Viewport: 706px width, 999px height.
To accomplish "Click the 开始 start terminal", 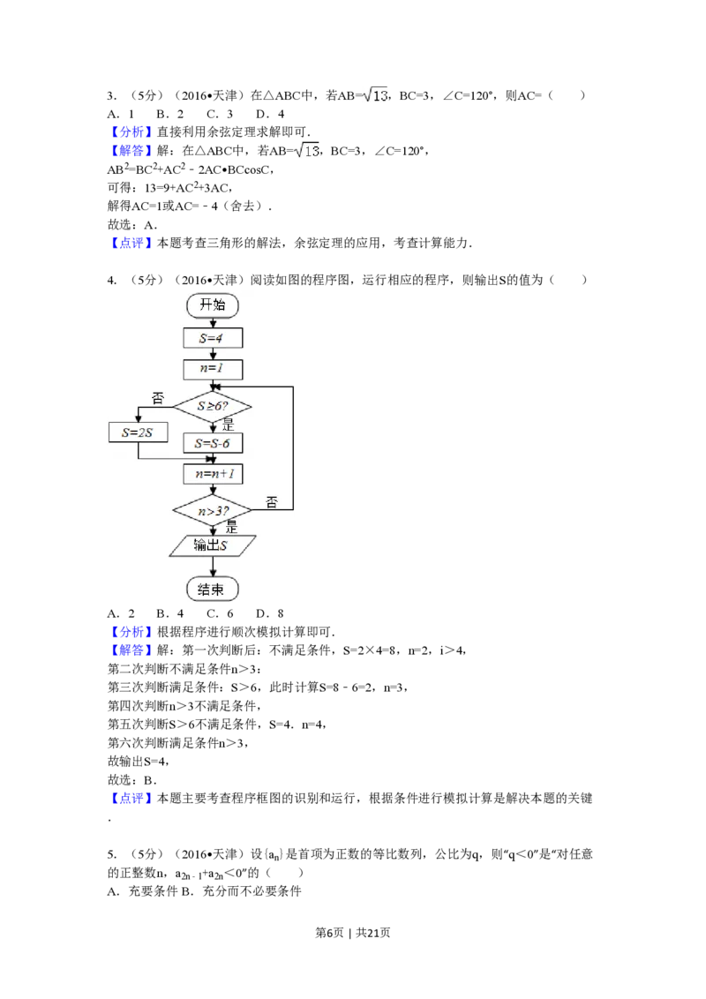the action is (x=213, y=305).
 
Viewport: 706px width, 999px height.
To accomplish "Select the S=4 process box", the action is (x=213, y=338).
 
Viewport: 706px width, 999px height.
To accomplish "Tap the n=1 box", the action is (x=213, y=369).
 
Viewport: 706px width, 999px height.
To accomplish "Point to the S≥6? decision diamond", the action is (x=212, y=406).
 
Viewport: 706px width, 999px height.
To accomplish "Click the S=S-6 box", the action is (x=213, y=442).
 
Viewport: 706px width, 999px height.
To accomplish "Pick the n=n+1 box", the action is (x=213, y=474).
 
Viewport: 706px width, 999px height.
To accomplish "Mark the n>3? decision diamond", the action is (x=212, y=510).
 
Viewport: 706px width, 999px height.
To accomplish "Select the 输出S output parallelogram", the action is (x=213, y=545).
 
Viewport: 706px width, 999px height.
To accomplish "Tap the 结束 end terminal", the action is (x=213, y=589).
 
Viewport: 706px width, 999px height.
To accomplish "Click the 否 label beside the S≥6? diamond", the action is (x=158, y=399).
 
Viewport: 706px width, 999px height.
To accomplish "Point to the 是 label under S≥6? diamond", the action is (x=228, y=424).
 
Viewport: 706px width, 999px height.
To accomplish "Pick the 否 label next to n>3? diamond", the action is (x=272, y=502).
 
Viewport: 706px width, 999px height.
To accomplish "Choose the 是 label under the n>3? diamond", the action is (x=231, y=527).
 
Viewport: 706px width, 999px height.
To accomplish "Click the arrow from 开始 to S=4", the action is (x=213, y=322).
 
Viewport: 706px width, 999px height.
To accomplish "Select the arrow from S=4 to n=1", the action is (x=213, y=353).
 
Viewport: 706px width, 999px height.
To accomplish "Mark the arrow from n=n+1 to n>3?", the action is (x=213, y=489).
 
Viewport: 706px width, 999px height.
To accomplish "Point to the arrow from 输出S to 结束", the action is (x=213, y=567).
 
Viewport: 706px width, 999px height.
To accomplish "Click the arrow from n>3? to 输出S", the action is (x=213, y=530).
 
